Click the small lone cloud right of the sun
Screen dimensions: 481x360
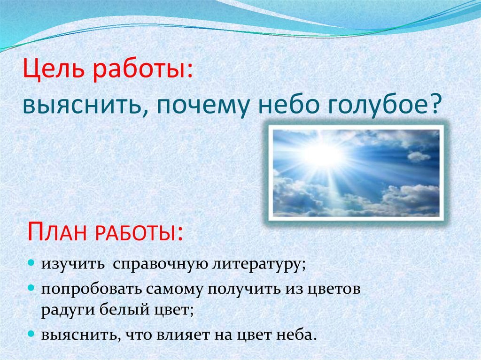(x=419, y=156)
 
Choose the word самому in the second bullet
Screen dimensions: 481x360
(x=175, y=289)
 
